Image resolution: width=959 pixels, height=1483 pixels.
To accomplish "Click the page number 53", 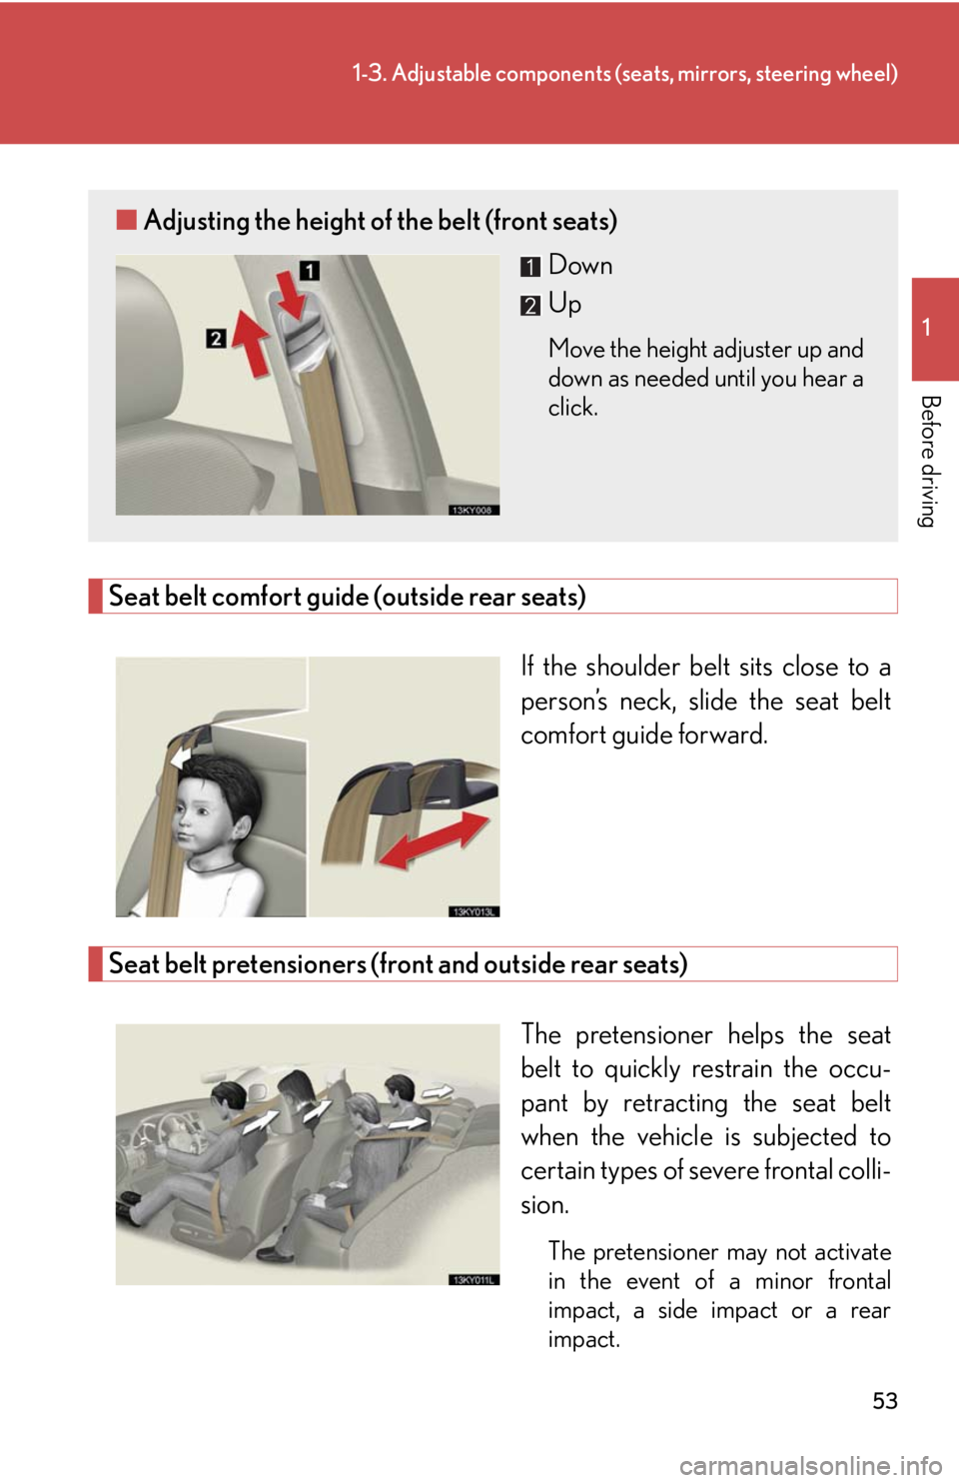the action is [x=885, y=1400].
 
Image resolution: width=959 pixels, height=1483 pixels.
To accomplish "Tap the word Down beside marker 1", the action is [x=580, y=265].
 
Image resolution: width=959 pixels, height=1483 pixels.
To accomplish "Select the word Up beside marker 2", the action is [x=564, y=304].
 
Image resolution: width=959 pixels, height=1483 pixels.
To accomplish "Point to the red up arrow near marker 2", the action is [x=252, y=342].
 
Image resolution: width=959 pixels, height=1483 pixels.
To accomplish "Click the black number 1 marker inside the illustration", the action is [x=310, y=270].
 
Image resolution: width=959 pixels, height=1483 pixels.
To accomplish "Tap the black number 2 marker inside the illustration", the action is [x=216, y=339].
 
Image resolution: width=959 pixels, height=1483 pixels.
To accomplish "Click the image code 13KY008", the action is [x=474, y=509].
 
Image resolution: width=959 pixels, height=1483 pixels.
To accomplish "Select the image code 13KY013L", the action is [x=474, y=911].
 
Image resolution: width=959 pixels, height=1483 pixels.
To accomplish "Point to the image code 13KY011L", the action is [x=474, y=1279].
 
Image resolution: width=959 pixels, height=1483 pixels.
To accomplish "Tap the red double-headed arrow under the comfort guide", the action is [x=435, y=838].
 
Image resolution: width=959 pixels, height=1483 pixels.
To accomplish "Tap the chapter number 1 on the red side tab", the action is [x=927, y=327].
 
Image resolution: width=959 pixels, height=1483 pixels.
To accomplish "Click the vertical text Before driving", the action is [x=931, y=461].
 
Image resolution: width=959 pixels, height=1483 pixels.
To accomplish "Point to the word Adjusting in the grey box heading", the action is [x=196, y=221].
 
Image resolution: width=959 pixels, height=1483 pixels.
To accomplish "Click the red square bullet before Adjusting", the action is [x=126, y=219].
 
